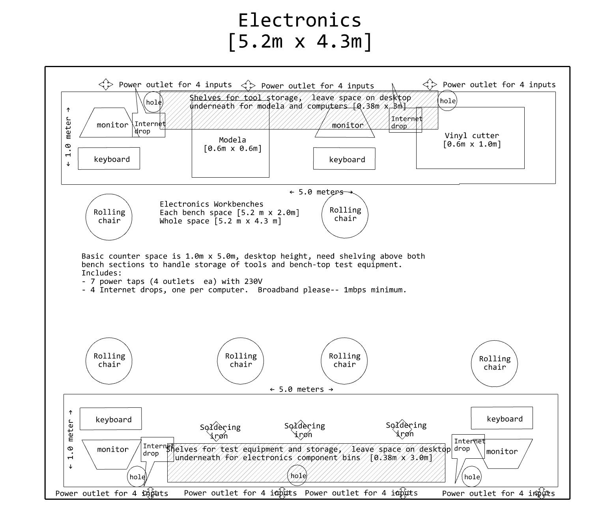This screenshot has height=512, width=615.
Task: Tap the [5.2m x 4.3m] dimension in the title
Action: [x=300, y=41]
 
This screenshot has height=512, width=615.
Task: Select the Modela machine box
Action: [x=230, y=158]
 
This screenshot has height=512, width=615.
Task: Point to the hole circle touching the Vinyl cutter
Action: [x=447, y=101]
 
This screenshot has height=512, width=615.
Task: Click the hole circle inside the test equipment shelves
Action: [x=298, y=476]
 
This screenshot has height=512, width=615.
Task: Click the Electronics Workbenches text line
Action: [x=211, y=204]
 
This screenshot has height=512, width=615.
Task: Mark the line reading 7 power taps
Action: [x=172, y=281]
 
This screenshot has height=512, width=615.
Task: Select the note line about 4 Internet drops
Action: [x=244, y=290]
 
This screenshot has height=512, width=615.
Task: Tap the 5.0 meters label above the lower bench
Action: [x=302, y=389]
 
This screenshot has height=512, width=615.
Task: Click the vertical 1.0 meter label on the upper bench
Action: [x=69, y=136]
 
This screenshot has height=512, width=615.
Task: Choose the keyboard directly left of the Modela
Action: [x=109, y=159]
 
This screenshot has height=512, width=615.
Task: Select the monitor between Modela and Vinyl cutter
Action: [x=345, y=125]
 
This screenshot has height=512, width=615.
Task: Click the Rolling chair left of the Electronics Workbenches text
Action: [x=109, y=217]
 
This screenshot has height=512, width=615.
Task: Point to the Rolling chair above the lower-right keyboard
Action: [x=494, y=364]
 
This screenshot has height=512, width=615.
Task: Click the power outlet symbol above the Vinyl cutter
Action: [x=430, y=84]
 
